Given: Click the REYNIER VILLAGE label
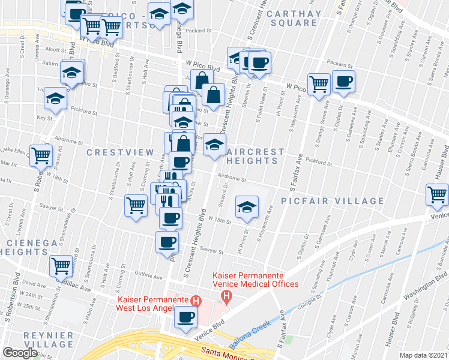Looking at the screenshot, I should pos(37,340).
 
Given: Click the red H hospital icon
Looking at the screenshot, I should pos(194,301).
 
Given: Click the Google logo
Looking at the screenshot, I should pos(20,352).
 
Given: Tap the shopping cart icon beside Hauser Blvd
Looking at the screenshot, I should pos(437,194).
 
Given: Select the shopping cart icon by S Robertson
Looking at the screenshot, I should pos(41,155).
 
